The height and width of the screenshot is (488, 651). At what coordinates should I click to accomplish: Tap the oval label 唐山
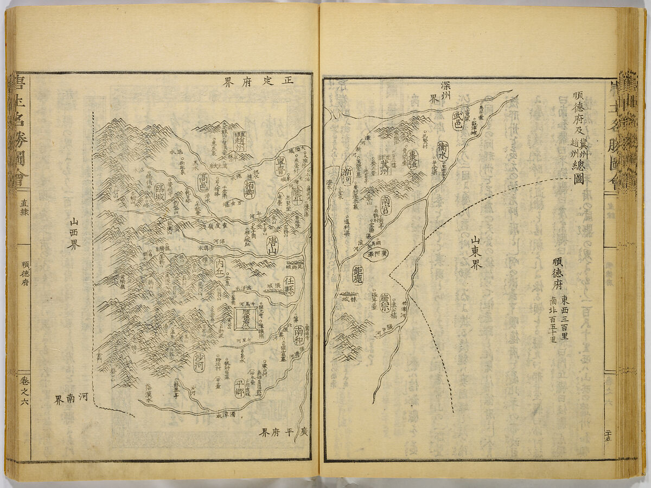271,250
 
